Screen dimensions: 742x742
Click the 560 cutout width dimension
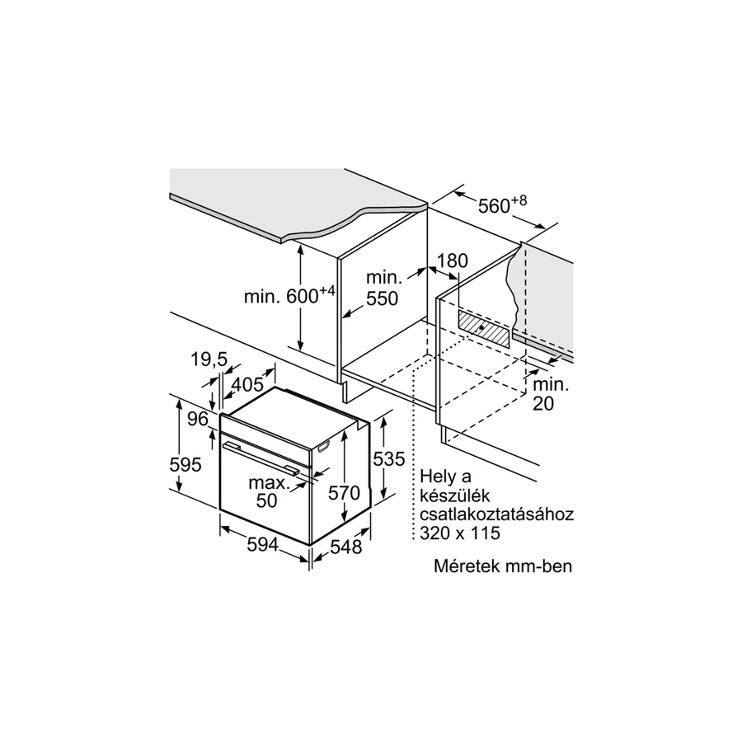502,205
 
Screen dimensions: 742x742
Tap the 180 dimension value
452,261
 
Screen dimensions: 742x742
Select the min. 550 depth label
383,289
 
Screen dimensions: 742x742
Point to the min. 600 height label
289,295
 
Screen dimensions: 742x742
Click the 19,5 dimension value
209,360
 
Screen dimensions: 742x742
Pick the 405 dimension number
247,384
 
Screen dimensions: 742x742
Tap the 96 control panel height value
197,419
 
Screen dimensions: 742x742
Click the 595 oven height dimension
185,465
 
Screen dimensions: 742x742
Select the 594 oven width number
263,545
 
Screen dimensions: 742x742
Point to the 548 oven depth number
346,547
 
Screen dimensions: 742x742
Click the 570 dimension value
344,493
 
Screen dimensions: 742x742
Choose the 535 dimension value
389,458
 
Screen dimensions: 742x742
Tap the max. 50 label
269,491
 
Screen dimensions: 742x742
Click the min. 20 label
551,394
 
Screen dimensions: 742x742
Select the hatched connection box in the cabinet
484,329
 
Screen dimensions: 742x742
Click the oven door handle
261,458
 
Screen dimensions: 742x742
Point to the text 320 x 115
460,533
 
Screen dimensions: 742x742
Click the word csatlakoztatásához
497,514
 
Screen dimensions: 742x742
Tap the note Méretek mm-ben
503,566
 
